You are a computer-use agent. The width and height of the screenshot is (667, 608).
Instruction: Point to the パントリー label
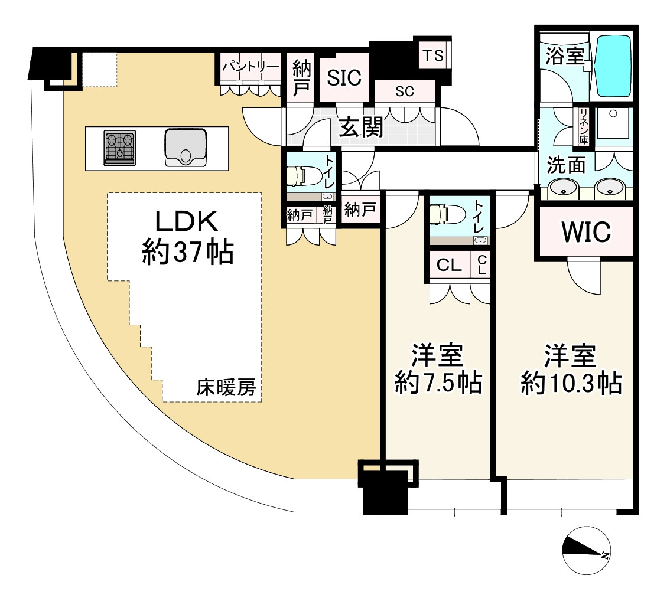(x=250, y=67)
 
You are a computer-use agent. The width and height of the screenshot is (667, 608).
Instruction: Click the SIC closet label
(x=344, y=78)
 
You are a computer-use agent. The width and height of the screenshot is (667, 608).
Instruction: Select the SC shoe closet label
(x=405, y=91)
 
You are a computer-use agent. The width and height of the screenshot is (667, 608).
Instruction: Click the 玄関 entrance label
(x=360, y=127)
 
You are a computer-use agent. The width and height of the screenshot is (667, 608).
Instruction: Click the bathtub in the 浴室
(x=613, y=65)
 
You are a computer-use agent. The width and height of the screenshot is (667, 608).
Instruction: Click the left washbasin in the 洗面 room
(x=562, y=188)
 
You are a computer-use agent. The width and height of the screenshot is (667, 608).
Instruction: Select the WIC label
(x=585, y=233)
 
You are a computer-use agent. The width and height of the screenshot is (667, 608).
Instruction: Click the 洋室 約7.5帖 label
(x=438, y=371)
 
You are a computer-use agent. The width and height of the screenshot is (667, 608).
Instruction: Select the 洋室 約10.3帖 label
(x=571, y=371)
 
